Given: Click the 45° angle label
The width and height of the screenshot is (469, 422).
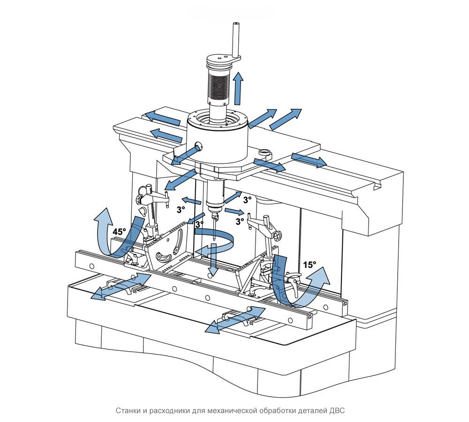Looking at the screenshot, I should point(120,231).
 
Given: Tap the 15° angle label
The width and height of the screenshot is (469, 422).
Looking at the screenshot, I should point(309,264).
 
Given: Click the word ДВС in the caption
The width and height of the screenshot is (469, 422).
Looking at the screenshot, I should point(337,411).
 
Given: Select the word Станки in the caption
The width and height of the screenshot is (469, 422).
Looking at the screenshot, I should point(128,411).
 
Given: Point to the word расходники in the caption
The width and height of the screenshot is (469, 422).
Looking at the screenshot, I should point(169,411).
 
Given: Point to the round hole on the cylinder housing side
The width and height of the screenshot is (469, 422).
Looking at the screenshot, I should point(196,146).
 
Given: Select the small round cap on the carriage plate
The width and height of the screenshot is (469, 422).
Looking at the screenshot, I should point(265,152).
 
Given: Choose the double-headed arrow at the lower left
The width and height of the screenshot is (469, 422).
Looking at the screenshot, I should point(120,286).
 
